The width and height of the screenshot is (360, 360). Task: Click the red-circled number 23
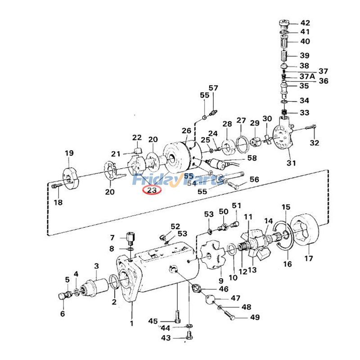coord(152,190)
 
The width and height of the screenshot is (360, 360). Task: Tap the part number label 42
coord(305,23)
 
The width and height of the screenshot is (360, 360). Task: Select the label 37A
coord(307,76)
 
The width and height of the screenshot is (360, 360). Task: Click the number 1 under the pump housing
coord(131,323)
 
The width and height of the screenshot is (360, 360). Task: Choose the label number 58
coord(252,158)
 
